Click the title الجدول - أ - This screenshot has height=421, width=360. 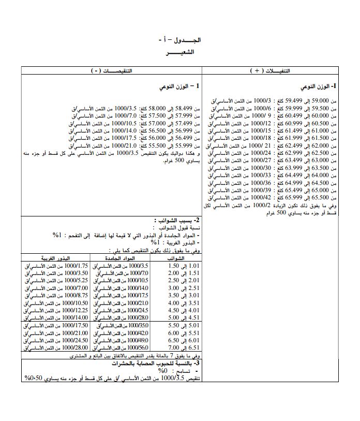179,40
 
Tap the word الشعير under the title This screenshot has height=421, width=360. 180,53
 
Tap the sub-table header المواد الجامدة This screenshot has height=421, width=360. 123,258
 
